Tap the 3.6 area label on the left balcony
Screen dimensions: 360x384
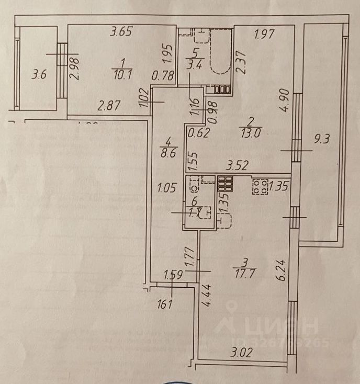39,75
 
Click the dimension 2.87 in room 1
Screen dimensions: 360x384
109,105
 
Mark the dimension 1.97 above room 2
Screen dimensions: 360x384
264,36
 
